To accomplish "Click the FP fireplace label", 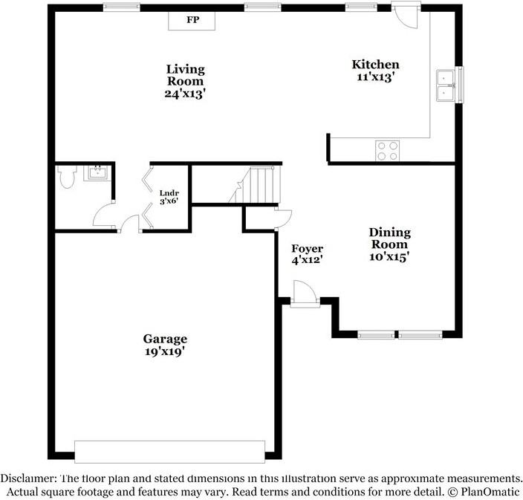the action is (193, 19).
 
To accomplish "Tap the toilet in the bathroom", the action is (67, 177).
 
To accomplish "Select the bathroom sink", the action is (97, 173).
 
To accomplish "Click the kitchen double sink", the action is (446, 85).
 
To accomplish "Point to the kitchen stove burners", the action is (387, 151).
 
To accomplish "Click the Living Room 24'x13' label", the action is (185, 82).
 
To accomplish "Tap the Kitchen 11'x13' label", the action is (376, 71).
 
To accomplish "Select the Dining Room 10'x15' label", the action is (389, 244).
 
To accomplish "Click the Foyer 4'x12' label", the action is (308, 254).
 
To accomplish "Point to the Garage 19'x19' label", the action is (165, 345).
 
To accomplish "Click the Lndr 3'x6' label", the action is (169, 197).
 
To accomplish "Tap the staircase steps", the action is (255, 185).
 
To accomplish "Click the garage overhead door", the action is (170, 452).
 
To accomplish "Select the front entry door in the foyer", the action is (305, 294).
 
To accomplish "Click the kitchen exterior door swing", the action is (406, 16).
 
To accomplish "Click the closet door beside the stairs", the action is (283, 218).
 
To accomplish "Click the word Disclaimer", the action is (28, 478).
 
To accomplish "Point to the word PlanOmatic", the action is (490, 491).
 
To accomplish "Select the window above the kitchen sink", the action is (461, 85).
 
